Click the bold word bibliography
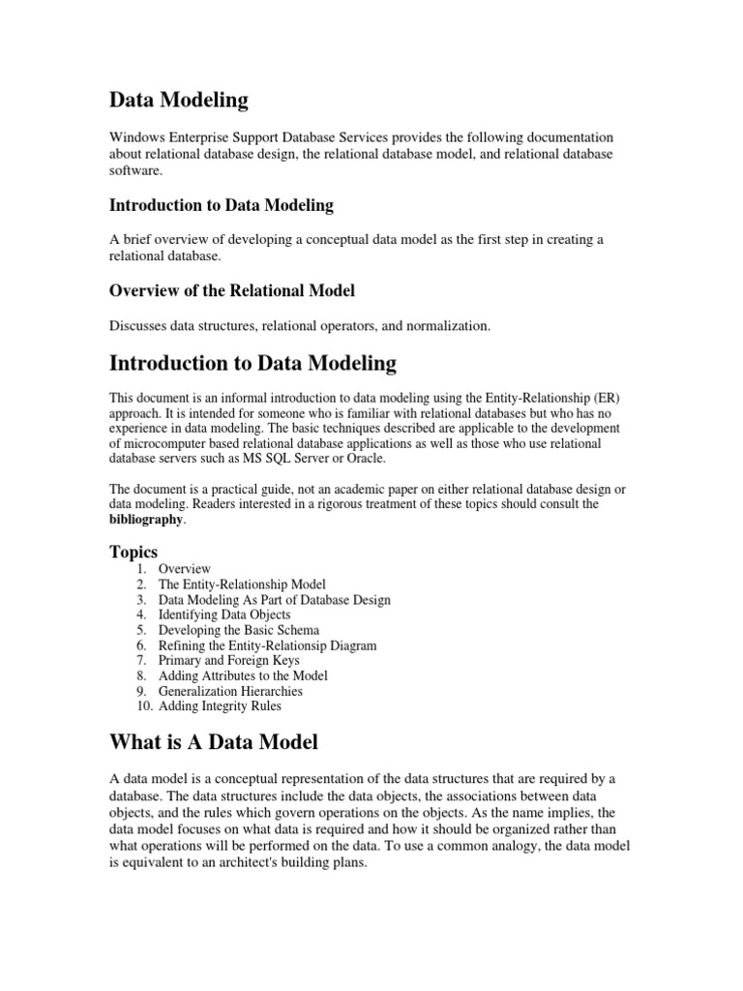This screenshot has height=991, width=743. pyautogui.click(x=144, y=520)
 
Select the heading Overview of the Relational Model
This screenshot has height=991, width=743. pyautogui.click(x=232, y=290)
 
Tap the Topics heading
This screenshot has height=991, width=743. pyautogui.click(x=134, y=552)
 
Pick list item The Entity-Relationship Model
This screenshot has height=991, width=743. pyautogui.click(x=242, y=585)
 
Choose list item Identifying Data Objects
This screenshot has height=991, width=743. pyautogui.click(x=224, y=615)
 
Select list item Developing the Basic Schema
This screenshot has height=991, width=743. pyautogui.click(x=238, y=630)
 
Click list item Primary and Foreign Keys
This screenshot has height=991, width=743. pyautogui.click(x=228, y=660)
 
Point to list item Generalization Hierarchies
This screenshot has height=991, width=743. pyautogui.click(x=230, y=691)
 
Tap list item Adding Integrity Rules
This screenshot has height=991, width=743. pyautogui.click(x=220, y=706)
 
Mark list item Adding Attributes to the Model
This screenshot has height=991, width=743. pyautogui.click(x=243, y=676)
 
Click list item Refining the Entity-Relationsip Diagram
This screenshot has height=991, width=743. pyautogui.click(x=267, y=646)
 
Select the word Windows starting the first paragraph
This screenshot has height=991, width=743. pyautogui.click(x=136, y=137)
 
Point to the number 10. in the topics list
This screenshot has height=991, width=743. pyautogui.click(x=143, y=706)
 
